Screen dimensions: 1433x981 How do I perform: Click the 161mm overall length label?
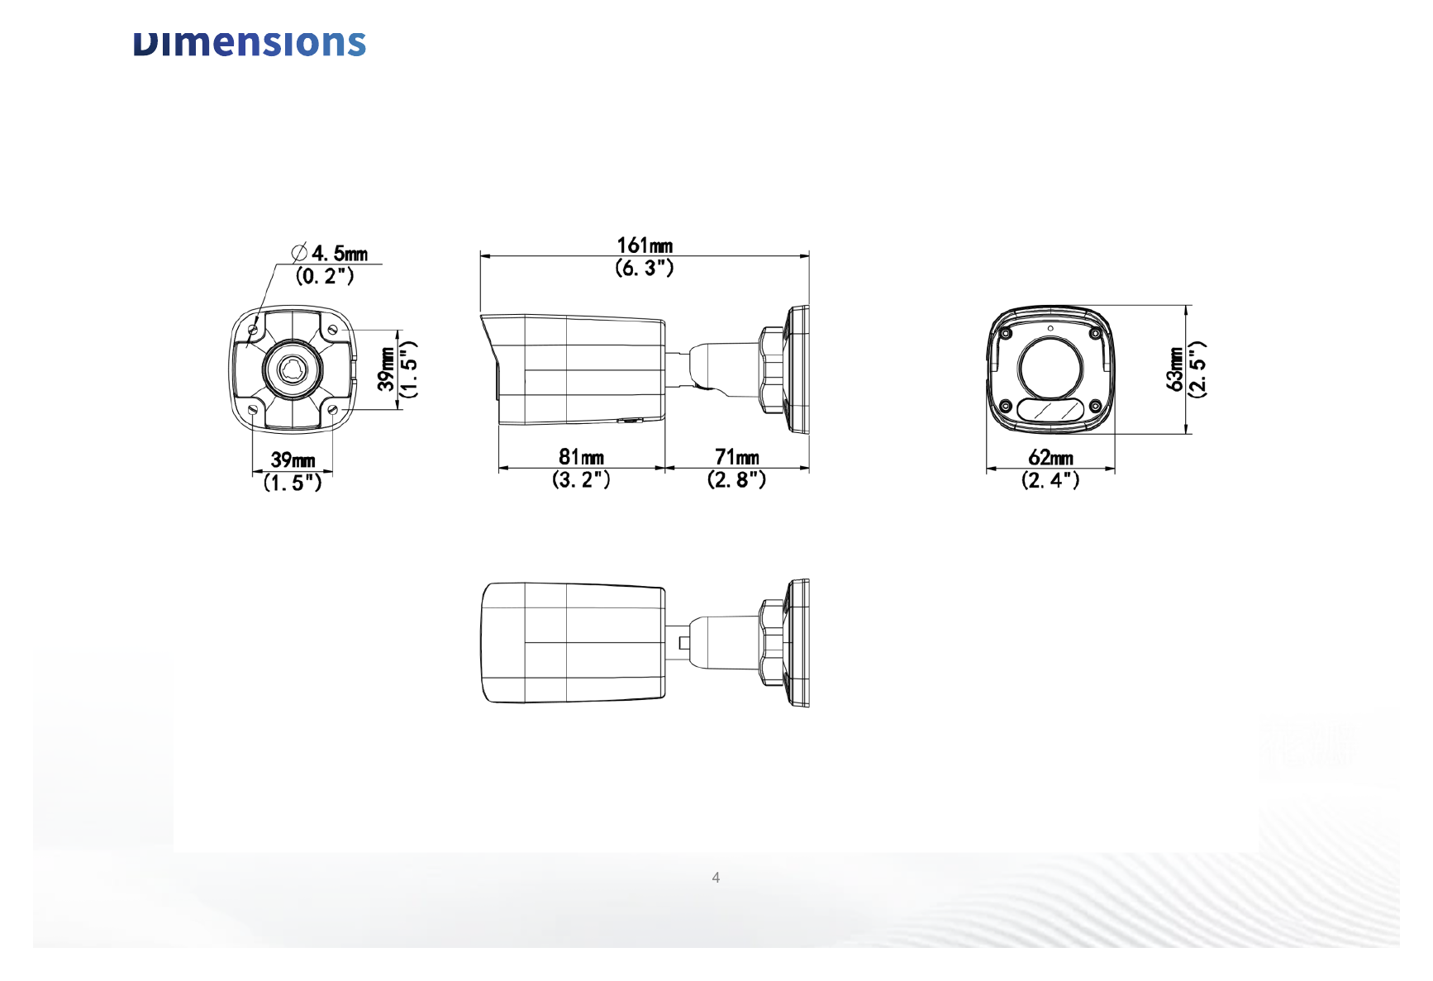(645, 245)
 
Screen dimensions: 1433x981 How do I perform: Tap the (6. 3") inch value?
(645, 268)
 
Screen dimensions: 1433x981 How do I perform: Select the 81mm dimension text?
(581, 457)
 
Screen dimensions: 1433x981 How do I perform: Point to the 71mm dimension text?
(736, 457)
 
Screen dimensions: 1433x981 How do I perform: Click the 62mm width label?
(1050, 458)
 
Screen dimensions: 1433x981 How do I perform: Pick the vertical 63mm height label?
(1174, 369)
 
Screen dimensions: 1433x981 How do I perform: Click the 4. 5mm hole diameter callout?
(340, 253)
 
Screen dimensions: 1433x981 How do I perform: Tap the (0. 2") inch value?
(325, 276)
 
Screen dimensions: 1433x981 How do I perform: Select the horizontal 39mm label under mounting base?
(293, 460)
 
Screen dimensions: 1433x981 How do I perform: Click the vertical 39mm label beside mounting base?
(386, 369)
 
